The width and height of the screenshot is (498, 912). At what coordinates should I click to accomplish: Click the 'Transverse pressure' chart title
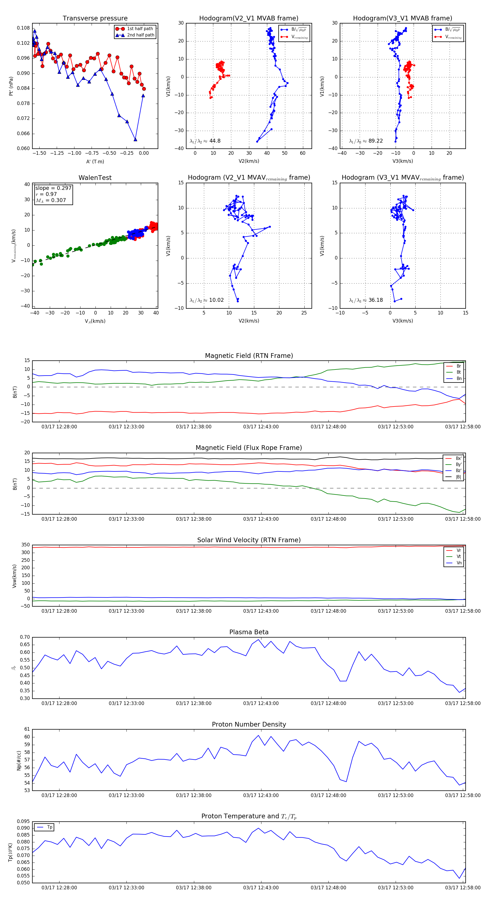(95, 19)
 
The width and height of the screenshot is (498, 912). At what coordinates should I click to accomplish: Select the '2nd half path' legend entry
(140, 35)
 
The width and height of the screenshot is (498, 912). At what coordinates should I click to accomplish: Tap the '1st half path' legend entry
(140, 29)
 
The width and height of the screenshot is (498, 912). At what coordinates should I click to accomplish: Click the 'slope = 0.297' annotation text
(53, 188)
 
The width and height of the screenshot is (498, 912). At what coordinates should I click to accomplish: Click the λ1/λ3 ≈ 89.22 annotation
(366, 141)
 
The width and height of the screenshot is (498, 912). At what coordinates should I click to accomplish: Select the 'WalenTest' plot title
(95, 178)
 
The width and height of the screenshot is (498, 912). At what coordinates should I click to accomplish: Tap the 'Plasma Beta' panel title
(249, 632)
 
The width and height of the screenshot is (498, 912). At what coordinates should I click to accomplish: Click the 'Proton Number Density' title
(249, 724)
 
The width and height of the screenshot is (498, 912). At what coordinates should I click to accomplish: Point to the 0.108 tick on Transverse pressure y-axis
(24, 28)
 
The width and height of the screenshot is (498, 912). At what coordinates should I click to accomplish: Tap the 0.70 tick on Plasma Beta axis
(25, 637)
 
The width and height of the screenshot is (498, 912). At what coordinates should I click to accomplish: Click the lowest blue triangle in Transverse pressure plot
(135, 140)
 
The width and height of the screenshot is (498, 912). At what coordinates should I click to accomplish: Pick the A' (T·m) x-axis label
(95, 161)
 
